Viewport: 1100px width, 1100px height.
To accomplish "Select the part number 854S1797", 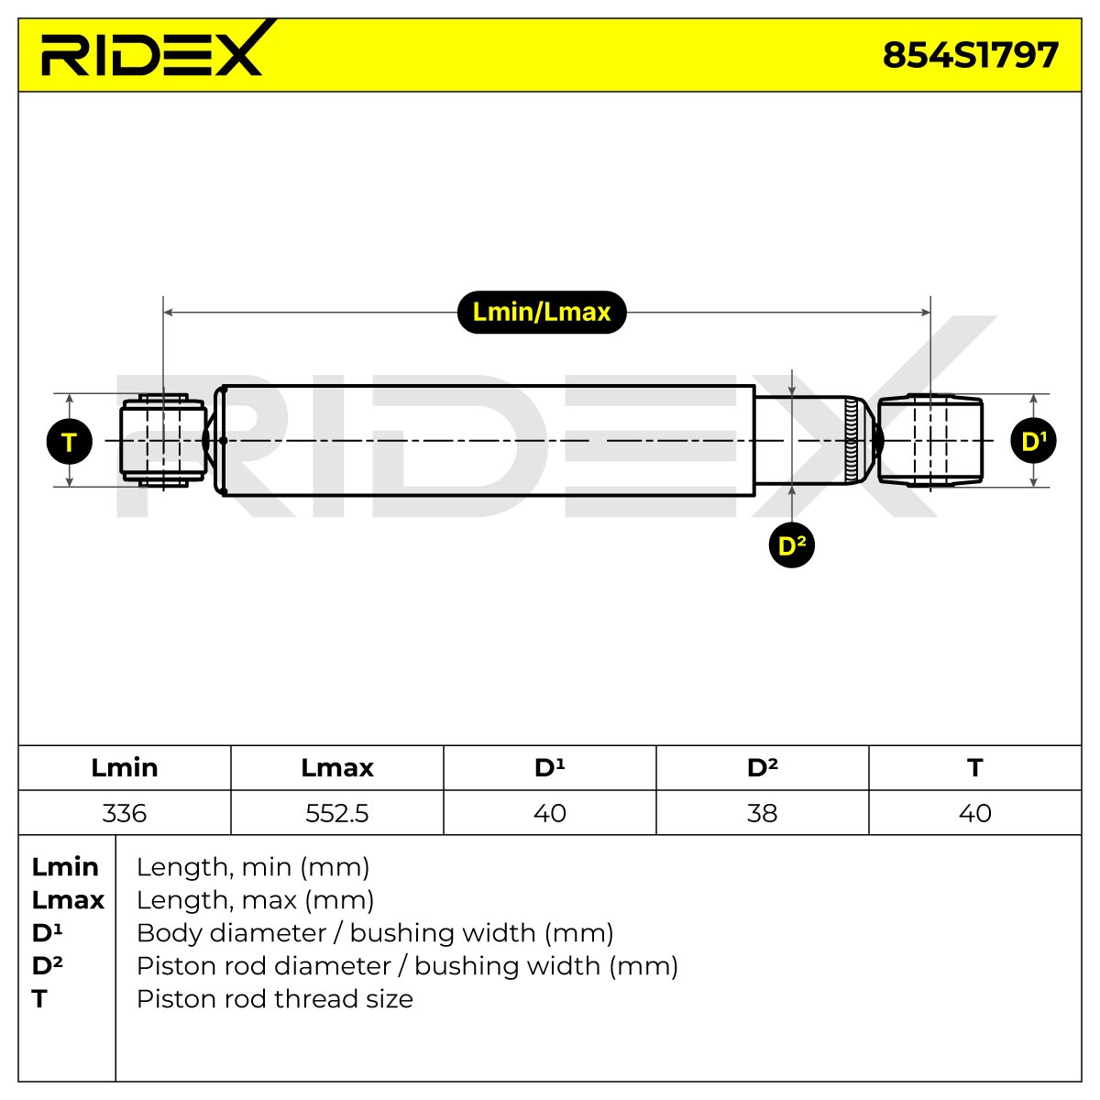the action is click(970, 55).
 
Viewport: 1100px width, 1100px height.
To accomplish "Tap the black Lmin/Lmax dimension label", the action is click(541, 313).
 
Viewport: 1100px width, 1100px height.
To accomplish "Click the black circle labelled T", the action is click(69, 441).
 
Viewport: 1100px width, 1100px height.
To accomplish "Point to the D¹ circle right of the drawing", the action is click(1033, 441).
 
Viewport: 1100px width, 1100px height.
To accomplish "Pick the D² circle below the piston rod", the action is click(791, 545).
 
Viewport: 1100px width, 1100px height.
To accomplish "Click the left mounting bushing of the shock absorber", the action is click(163, 440).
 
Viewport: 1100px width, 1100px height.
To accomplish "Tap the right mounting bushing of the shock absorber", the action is click(929, 440).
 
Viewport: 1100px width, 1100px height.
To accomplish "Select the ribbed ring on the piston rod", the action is click(851, 440).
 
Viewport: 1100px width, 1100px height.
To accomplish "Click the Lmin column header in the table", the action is click(125, 768).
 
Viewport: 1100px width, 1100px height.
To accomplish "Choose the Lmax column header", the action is click(336, 768).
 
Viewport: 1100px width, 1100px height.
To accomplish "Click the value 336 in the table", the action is click(125, 813).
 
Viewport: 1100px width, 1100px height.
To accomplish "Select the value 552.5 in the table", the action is click(336, 813).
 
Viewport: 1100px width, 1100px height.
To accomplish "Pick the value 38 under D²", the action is click(762, 813).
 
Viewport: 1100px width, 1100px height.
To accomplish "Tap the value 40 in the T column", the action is click(975, 813).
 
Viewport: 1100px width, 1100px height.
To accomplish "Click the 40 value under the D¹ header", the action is click(550, 813).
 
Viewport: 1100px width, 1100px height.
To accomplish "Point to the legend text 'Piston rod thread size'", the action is click(275, 998).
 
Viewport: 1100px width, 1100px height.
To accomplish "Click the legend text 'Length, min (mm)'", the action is click(253, 866).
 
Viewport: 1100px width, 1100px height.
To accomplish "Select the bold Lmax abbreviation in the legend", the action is click(68, 899).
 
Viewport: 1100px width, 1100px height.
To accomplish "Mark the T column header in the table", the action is click(975, 768).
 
